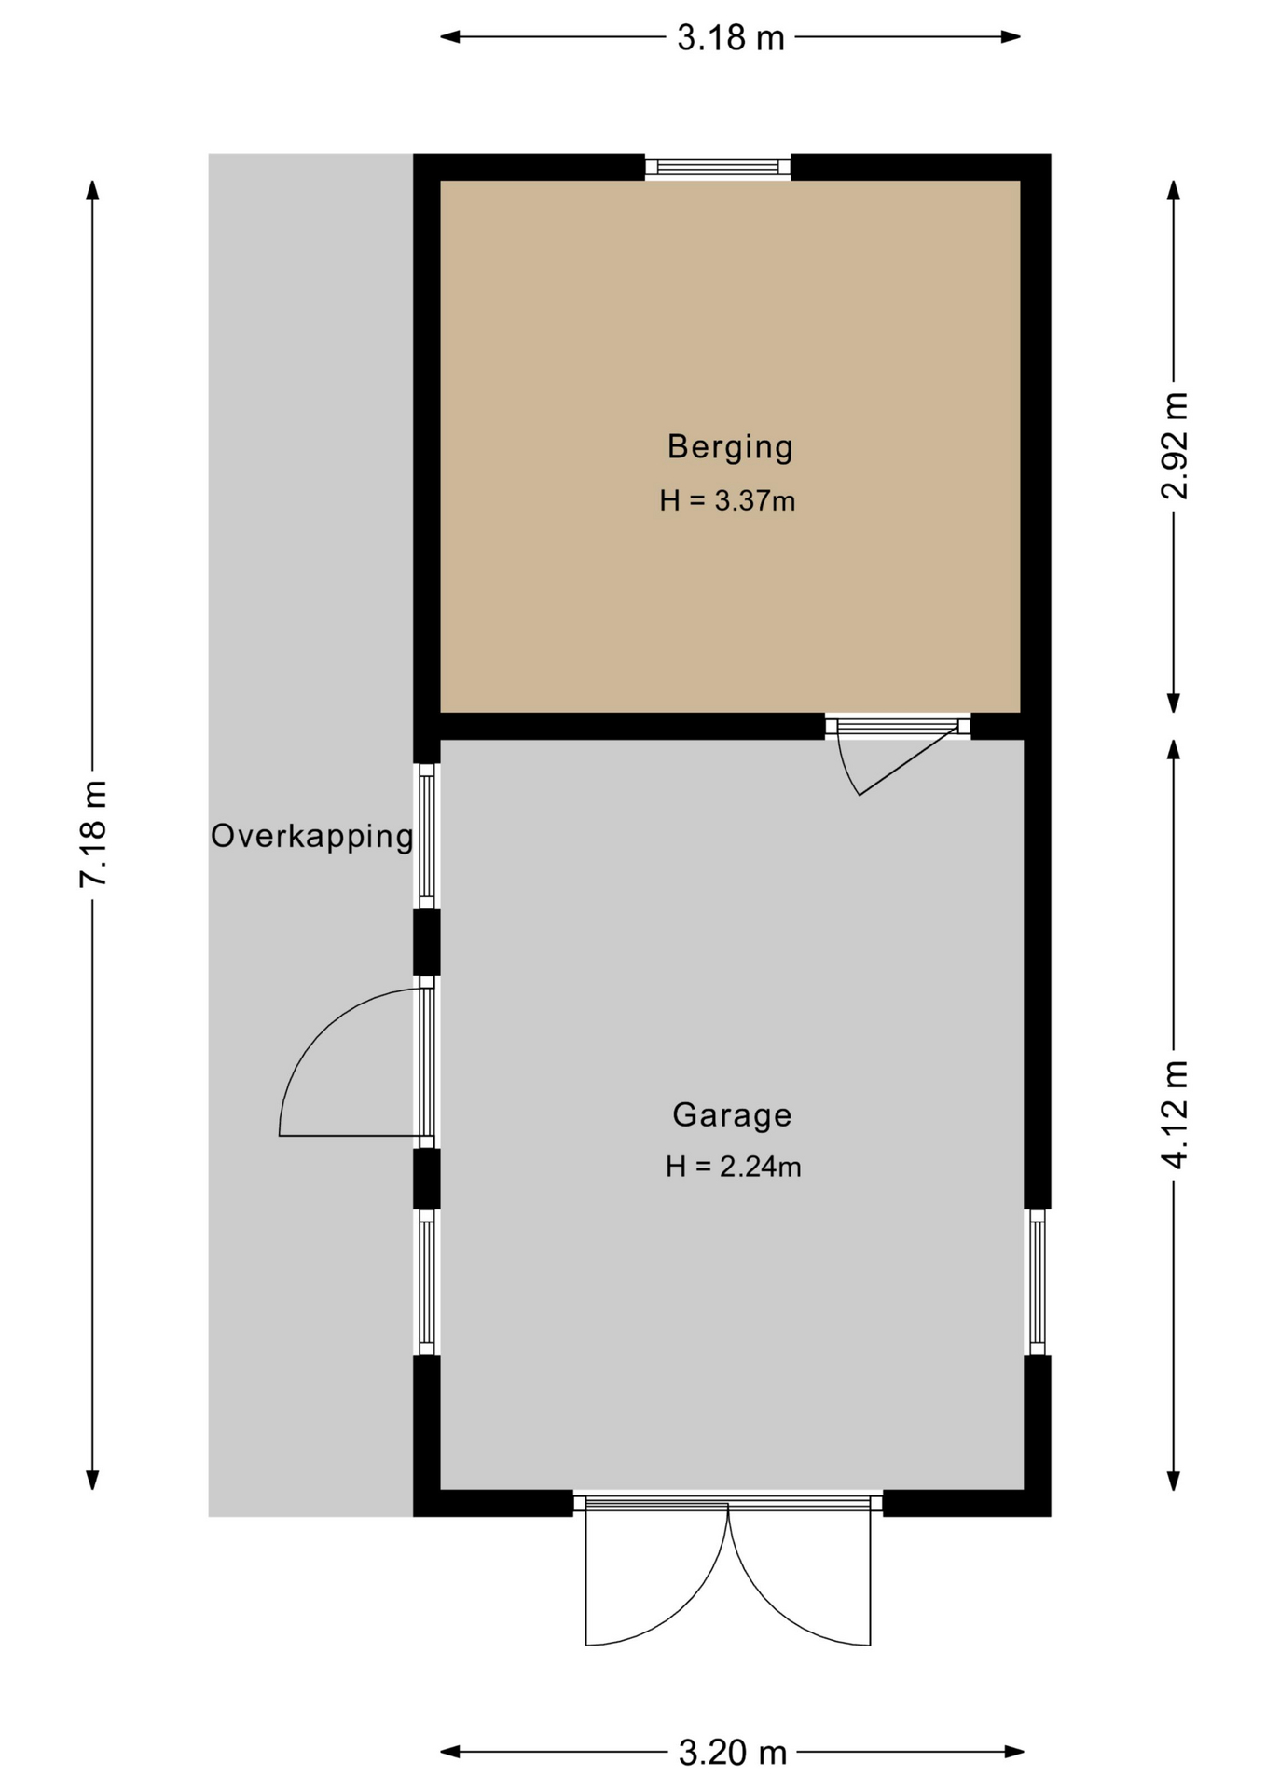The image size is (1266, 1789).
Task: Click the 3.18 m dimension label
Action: (x=731, y=38)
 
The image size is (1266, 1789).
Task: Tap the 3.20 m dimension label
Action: (x=733, y=1754)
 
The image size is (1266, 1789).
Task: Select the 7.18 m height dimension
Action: (x=93, y=834)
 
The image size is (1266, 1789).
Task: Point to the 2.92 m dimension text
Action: (x=1175, y=445)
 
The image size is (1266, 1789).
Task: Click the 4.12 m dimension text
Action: (x=1175, y=1114)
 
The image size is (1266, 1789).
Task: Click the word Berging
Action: (x=730, y=447)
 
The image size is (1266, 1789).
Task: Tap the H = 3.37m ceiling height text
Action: (x=727, y=501)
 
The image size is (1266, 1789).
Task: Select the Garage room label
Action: (x=732, y=1114)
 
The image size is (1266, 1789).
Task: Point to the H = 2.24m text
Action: (x=733, y=1167)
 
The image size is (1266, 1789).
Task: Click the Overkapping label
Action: (x=311, y=836)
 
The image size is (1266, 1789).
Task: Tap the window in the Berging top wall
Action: (x=718, y=168)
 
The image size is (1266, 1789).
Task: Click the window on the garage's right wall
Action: (x=1037, y=1282)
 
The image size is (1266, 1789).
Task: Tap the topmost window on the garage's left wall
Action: (x=426, y=836)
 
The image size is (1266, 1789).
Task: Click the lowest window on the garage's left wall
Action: (x=426, y=1282)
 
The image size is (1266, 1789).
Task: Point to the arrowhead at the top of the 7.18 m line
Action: (x=92, y=189)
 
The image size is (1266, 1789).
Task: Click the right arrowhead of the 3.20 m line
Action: (x=1013, y=1753)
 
